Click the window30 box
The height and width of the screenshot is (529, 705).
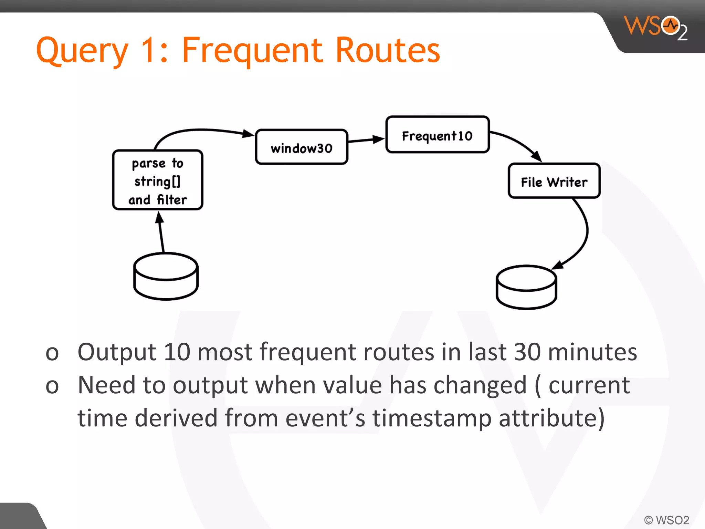[x=302, y=147]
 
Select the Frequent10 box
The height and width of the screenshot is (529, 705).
[x=437, y=135]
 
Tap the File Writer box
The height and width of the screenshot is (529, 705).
[x=554, y=181]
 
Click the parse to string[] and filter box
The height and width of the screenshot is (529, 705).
[x=158, y=180]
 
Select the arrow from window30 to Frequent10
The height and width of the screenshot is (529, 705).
[x=366, y=140]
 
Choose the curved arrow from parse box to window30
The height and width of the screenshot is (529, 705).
[x=203, y=131]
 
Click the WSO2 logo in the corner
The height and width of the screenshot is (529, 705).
[x=655, y=27]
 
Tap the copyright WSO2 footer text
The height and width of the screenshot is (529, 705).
[x=666, y=520]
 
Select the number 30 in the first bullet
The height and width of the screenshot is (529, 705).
[x=527, y=352]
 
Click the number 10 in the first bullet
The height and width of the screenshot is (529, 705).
[x=177, y=352]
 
